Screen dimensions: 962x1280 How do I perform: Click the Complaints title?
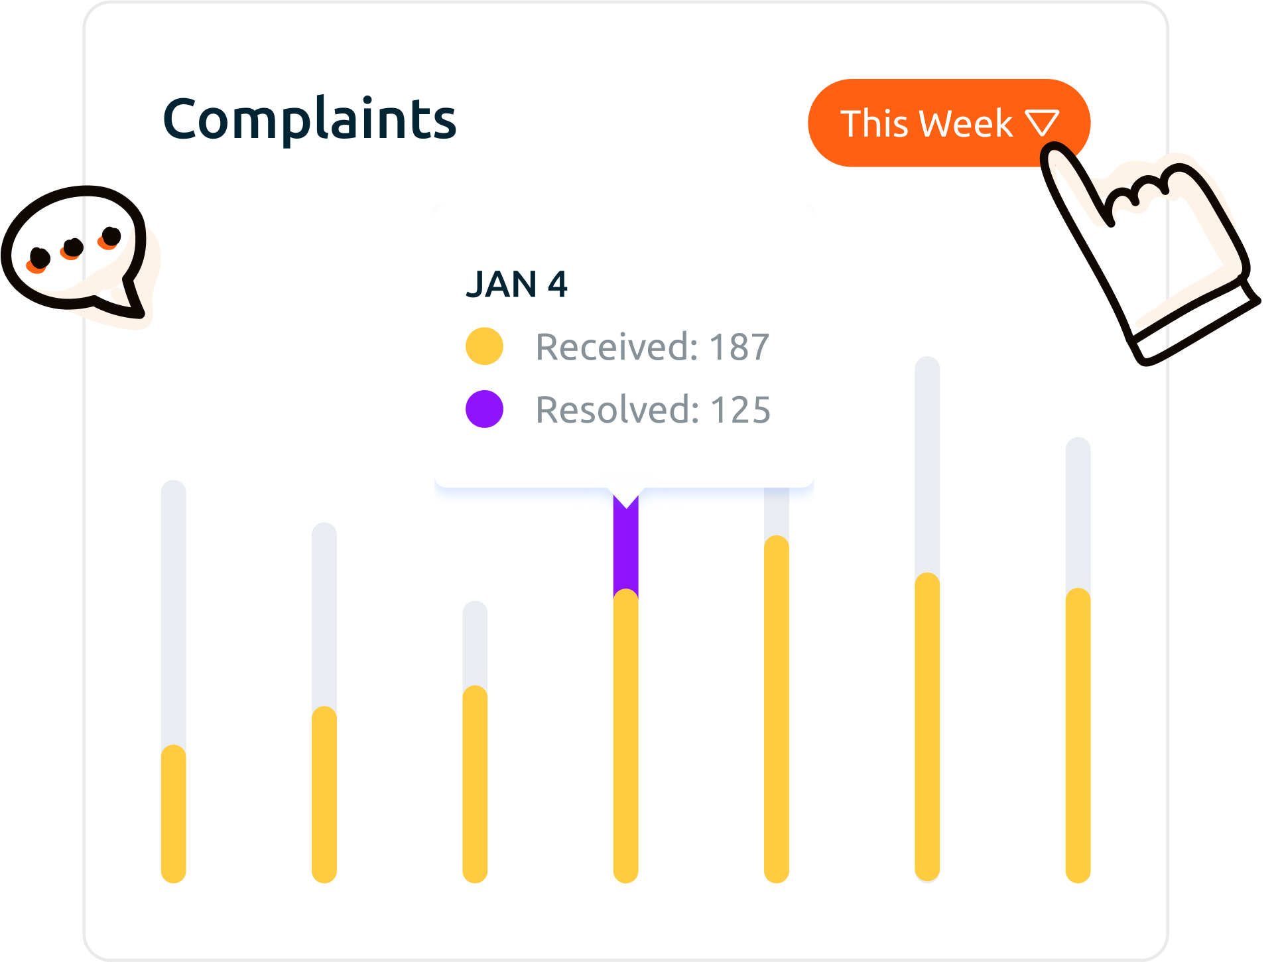tap(310, 120)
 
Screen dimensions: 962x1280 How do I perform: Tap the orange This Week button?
tap(928, 123)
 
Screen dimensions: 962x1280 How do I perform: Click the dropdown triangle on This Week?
tap(1042, 123)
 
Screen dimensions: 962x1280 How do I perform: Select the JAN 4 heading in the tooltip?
tap(517, 285)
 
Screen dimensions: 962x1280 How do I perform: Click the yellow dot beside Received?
tap(484, 346)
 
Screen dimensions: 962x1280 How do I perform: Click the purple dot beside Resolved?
tap(484, 409)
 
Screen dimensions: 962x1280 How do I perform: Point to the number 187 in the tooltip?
tap(739, 347)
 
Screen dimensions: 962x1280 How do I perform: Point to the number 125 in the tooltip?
tap(740, 410)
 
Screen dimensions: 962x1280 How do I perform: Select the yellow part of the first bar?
tap(174, 813)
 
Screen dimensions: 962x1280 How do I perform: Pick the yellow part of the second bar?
tap(324, 793)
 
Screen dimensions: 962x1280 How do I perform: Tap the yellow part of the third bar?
tap(475, 783)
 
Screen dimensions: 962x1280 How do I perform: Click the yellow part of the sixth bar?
tap(927, 726)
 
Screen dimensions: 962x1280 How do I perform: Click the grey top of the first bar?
tap(174, 610)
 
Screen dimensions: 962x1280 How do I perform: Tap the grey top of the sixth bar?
tap(927, 464)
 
